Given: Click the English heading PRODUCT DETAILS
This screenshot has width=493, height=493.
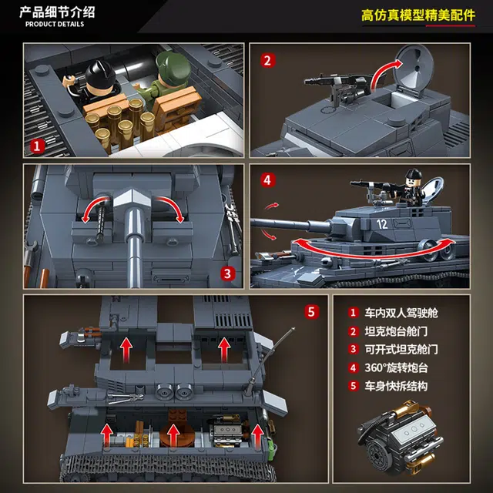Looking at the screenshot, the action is click(x=55, y=24).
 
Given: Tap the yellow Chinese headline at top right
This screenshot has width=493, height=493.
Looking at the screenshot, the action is click(x=418, y=15).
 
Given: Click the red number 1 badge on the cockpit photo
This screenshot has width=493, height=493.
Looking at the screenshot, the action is click(x=37, y=146).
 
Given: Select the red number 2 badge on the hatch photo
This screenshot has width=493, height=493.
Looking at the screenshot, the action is click(x=267, y=61).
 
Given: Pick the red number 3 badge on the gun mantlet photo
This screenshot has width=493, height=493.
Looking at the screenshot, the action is click(x=228, y=273).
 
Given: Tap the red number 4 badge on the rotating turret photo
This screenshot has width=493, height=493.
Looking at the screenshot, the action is click(x=267, y=180).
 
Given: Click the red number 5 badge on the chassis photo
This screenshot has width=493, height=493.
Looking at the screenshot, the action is click(x=311, y=312).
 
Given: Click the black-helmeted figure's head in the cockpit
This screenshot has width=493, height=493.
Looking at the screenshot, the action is click(x=101, y=75).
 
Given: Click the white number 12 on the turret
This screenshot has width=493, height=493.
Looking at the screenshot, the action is click(x=382, y=224).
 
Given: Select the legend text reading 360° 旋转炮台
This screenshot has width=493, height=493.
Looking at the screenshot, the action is click(x=396, y=368).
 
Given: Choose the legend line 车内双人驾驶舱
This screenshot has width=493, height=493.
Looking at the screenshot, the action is click(x=401, y=313).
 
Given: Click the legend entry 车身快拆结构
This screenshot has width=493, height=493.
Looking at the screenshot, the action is click(x=396, y=386).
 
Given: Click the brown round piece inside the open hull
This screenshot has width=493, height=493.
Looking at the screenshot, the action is click(x=173, y=431).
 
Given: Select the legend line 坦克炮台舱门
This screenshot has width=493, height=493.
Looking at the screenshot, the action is click(x=396, y=331).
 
